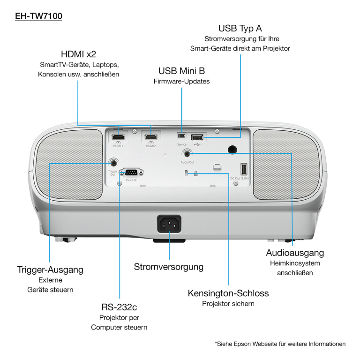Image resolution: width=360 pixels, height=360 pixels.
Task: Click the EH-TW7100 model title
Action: pos(38,16)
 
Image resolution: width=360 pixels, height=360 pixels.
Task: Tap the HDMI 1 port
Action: pos(118,137)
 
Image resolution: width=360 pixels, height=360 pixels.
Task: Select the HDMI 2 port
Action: pos(151,137)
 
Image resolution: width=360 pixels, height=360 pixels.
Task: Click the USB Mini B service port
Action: pos(181,136)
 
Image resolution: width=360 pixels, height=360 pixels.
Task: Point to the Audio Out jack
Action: pos(187,154)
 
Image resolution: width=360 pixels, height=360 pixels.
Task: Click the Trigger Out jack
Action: pos(113,163)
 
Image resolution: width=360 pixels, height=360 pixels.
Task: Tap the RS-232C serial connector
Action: pos(132,172)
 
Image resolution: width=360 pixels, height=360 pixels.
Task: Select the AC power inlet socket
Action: pos(169,224)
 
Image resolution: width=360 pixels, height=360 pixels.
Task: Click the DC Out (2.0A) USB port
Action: pos(244,169)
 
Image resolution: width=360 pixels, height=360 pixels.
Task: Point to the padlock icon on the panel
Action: pos(195,173)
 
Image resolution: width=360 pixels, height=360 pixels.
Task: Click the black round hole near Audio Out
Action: pos(232,150)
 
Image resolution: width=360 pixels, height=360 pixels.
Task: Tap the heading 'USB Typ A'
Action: pos(240,29)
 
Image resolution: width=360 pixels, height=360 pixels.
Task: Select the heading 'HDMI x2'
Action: pos(79,54)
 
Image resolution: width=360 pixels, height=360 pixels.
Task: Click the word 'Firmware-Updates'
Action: pos(181,81)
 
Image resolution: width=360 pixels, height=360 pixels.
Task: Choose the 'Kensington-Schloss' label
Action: pos(228,293)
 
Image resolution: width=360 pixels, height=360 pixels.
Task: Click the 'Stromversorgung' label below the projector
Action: pos(169,267)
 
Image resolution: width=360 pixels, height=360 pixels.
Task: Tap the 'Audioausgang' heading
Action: pos(295,253)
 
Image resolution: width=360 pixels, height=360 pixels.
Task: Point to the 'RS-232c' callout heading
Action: pos(119,307)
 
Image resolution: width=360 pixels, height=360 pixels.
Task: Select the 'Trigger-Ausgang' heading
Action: pos(50,270)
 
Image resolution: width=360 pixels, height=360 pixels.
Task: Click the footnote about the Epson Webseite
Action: pos(280,344)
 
